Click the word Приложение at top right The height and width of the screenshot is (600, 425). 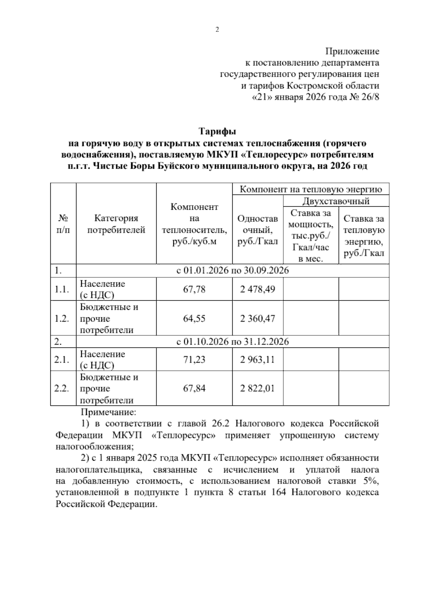click(352, 52)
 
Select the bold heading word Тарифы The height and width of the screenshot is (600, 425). click(217, 132)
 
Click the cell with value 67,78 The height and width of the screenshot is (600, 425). click(194, 289)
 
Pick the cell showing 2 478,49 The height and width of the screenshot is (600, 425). click(257, 289)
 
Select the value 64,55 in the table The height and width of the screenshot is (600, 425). click(194, 318)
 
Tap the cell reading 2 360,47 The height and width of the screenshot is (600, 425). click(257, 318)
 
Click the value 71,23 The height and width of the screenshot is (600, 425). click(194, 360)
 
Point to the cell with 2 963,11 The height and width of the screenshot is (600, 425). click(257, 360)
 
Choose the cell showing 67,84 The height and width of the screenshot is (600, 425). click(194, 389)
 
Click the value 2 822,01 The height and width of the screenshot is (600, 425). click(257, 389)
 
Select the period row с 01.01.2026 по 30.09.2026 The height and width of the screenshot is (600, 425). click(232, 271)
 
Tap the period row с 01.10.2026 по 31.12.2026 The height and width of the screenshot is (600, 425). click(232, 342)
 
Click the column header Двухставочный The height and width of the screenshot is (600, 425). click(335, 201)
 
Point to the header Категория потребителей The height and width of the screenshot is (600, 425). click(116, 224)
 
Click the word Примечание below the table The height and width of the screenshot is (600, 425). click(108, 412)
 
